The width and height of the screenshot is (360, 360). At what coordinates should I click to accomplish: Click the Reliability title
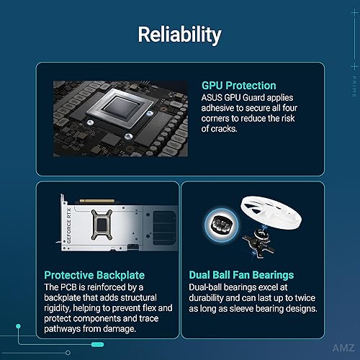pyautogui.click(x=179, y=35)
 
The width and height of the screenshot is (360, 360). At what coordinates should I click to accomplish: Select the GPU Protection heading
pyautogui.click(x=239, y=86)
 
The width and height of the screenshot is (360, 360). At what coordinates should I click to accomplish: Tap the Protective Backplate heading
pyautogui.click(x=94, y=275)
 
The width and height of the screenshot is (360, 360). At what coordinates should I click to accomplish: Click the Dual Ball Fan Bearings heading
pyautogui.click(x=241, y=275)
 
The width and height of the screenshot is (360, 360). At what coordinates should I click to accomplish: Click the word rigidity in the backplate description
pyautogui.click(x=58, y=308)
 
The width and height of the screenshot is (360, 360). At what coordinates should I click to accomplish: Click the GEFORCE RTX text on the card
pyautogui.click(x=68, y=225)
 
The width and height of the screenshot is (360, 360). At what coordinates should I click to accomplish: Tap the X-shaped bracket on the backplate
pyautogui.click(x=102, y=225)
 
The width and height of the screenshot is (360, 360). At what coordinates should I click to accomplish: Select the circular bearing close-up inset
pyautogui.click(x=222, y=225)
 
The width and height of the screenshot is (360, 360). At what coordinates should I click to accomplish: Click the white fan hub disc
pyautogui.click(x=271, y=213)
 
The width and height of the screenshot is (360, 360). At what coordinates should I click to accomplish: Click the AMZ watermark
pyautogui.click(x=343, y=348)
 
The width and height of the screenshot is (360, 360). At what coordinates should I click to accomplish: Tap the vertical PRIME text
pyautogui.click(x=354, y=86)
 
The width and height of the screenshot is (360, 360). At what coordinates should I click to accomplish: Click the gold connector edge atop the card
pyautogui.click(x=97, y=201)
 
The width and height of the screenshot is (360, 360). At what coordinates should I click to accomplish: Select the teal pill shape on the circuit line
pyautogui.click(x=97, y=345)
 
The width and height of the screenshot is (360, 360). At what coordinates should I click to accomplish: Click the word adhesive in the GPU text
pyautogui.click(x=217, y=108)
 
